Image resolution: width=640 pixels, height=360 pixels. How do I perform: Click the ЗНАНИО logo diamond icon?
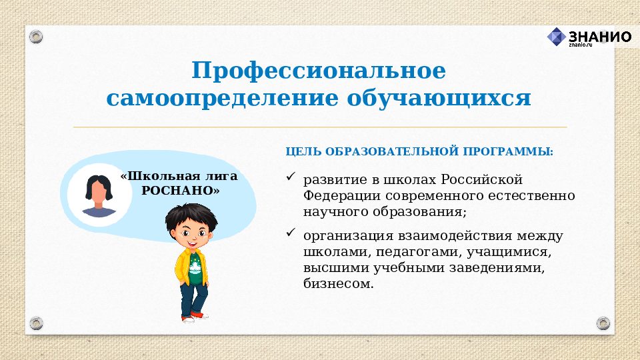[557, 37]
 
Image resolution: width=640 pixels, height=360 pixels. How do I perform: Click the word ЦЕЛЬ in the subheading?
[301, 151]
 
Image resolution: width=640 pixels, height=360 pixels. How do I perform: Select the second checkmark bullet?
[290, 233]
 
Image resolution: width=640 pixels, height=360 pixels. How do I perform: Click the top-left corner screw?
[36, 36]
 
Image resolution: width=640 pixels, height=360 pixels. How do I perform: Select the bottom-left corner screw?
[36, 324]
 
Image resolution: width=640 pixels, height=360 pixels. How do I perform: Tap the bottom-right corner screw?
[603, 324]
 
